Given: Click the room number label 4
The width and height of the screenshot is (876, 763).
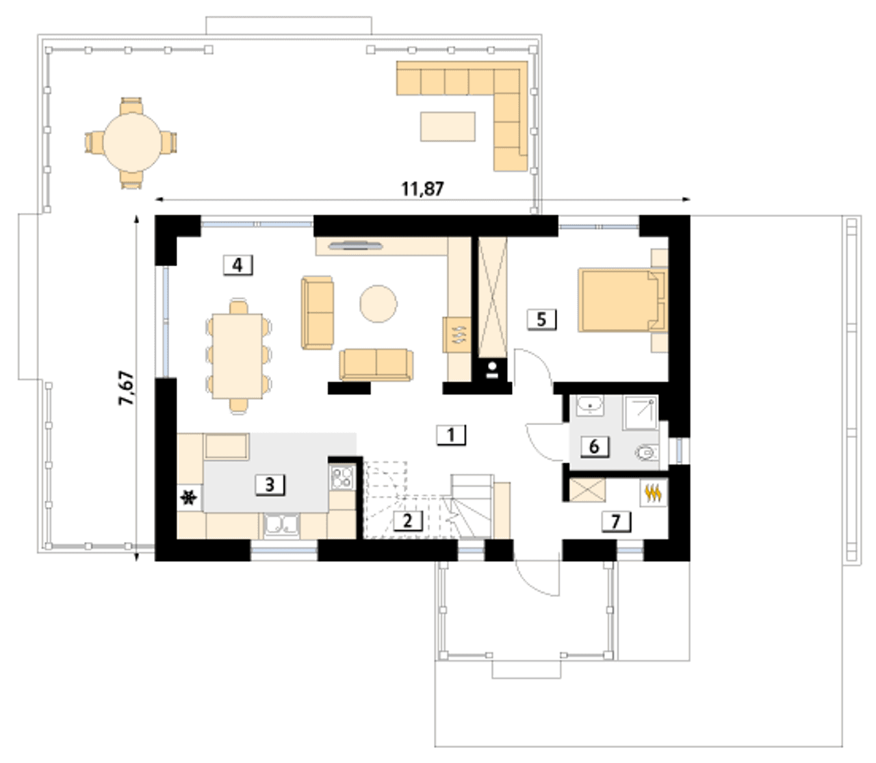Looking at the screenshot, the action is pyautogui.click(x=237, y=266).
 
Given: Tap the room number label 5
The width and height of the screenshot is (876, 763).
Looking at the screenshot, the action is pyautogui.click(x=541, y=320).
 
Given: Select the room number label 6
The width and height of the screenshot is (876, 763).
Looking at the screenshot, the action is pyautogui.click(x=594, y=447).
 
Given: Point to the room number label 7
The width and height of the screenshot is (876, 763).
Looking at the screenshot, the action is pyautogui.click(x=616, y=522).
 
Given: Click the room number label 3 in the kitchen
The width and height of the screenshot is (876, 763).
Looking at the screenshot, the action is pyautogui.click(x=270, y=485).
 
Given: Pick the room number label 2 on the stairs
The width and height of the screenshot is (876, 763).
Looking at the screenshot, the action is pyautogui.click(x=408, y=521).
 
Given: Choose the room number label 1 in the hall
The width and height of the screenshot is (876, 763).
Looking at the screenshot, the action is pyautogui.click(x=451, y=435).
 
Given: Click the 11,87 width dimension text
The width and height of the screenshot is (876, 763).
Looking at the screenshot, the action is pyautogui.click(x=422, y=189).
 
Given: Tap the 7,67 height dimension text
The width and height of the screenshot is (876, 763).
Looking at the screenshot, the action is pyautogui.click(x=127, y=388).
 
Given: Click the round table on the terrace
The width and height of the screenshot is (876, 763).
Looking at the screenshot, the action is pyautogui.click(x=132, y=142).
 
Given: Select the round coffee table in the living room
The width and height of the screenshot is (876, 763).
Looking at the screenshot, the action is pyautogui.click(x=378, y=303).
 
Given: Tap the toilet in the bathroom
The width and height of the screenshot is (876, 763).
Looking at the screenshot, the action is pyautogui.click(x=647, y=452).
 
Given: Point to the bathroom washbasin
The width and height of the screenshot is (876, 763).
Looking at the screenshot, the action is pyautogui.click(x=589, y=405).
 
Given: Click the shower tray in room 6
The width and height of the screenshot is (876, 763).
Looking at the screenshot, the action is pyautogui.click(x=641, y=413).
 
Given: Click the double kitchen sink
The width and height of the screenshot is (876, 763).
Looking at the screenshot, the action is pyautogui.click(x=281, y=525).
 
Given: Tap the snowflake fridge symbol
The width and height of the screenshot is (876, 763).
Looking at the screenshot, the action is pyautogui.click(x=189, y=498).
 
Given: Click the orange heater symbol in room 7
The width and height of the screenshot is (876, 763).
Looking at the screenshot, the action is pyautogui.click(x=653, y=493).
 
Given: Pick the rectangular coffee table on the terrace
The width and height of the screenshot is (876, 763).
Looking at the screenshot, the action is pyautogui.click(x=448, y=126).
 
